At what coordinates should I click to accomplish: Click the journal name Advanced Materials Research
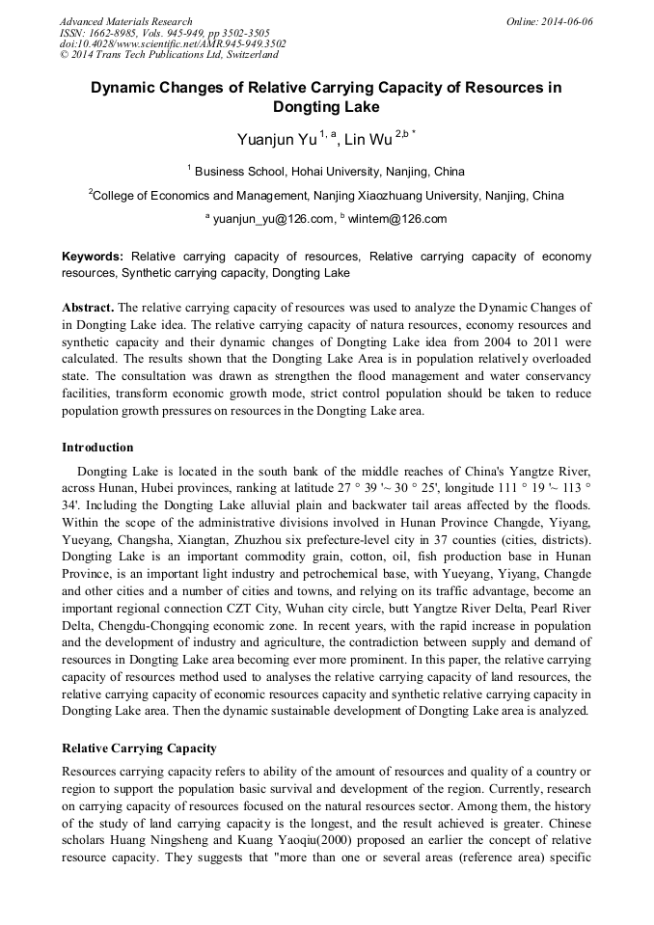pos(125,21)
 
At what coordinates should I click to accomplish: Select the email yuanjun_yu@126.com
pos(273,219)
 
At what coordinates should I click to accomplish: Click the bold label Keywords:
pos(93,258)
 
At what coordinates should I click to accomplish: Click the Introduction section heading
pos(97,448)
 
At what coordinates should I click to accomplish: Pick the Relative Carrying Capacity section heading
pos(139,748)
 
